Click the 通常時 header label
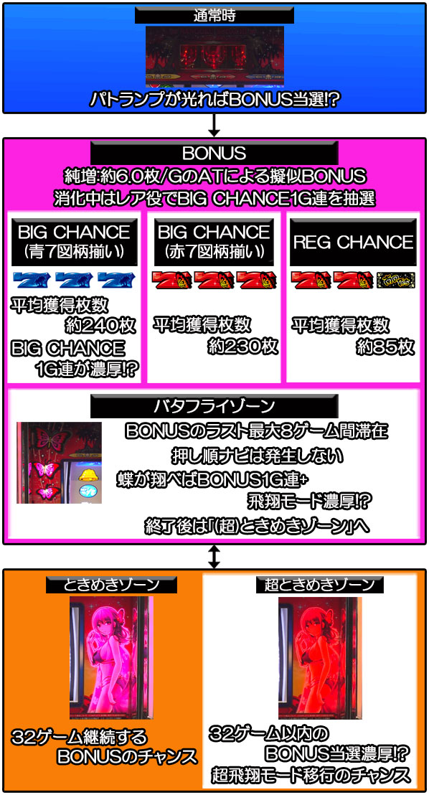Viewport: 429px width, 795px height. (214, 16)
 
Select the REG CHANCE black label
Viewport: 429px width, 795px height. (353, 242)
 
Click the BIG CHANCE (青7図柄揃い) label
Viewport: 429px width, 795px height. (74, 242)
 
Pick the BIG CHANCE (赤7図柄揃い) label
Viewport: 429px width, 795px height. (214, 242)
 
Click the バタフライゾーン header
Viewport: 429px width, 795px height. (214, 405)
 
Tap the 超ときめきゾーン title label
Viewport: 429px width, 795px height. (319, 585)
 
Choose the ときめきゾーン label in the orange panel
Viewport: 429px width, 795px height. (112, 585)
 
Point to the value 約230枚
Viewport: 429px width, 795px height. (243, 346)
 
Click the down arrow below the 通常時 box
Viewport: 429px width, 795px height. (214, 125)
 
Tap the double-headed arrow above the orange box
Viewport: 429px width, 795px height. (214, 556)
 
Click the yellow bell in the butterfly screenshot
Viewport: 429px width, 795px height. (88, 474)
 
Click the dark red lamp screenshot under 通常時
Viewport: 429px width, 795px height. (214, 57)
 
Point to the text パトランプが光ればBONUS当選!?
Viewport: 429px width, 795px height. (214, 100)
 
